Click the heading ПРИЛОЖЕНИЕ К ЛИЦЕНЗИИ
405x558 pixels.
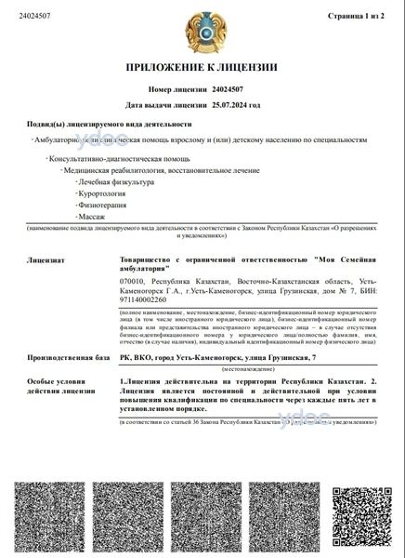tap(202, 67)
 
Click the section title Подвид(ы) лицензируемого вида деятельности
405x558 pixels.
tap(109, 124)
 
